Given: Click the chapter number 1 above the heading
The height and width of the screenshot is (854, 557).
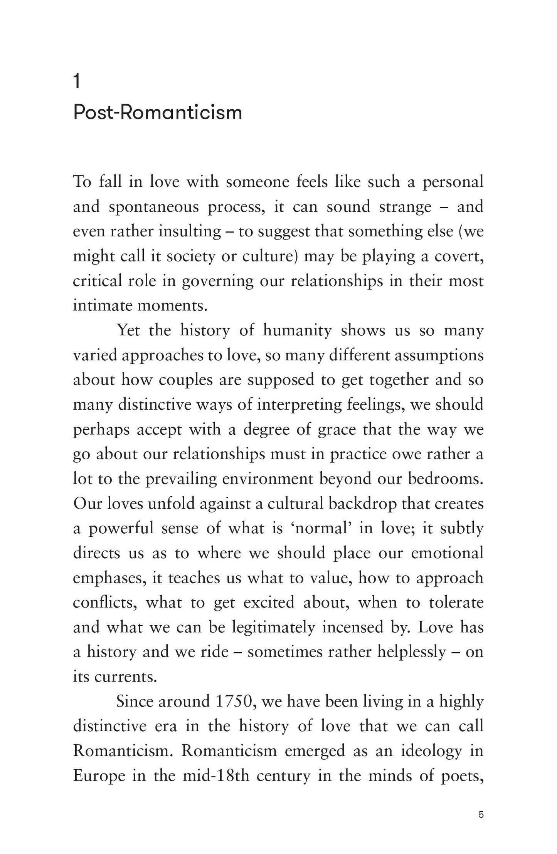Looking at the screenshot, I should [77, 82].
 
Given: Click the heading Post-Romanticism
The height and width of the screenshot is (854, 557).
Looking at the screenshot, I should [157, 113].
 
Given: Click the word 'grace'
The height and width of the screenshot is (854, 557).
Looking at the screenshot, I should [337, 429].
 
